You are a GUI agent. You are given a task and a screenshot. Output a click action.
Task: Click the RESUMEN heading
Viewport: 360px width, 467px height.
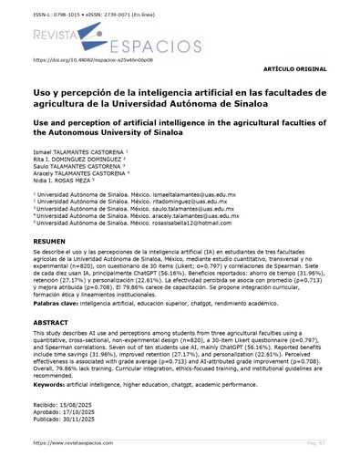49,240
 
